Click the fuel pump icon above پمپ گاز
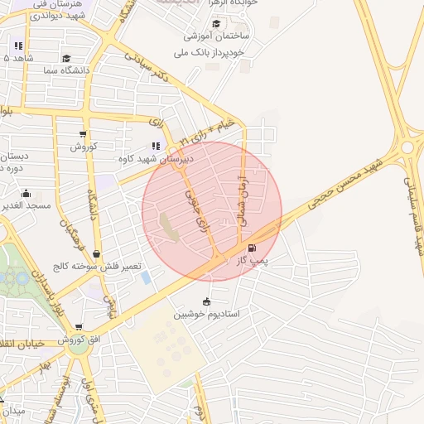pos(252,247)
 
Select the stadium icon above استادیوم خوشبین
pos(206,301)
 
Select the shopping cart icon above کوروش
pos(83,134)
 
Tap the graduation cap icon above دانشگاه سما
pos(66,58)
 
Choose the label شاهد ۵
pos(18,58)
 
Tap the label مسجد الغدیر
pos(26,205)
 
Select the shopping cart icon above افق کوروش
pos(79,328)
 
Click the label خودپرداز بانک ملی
pos(210,52)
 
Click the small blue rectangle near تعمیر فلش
pos(146,277)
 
